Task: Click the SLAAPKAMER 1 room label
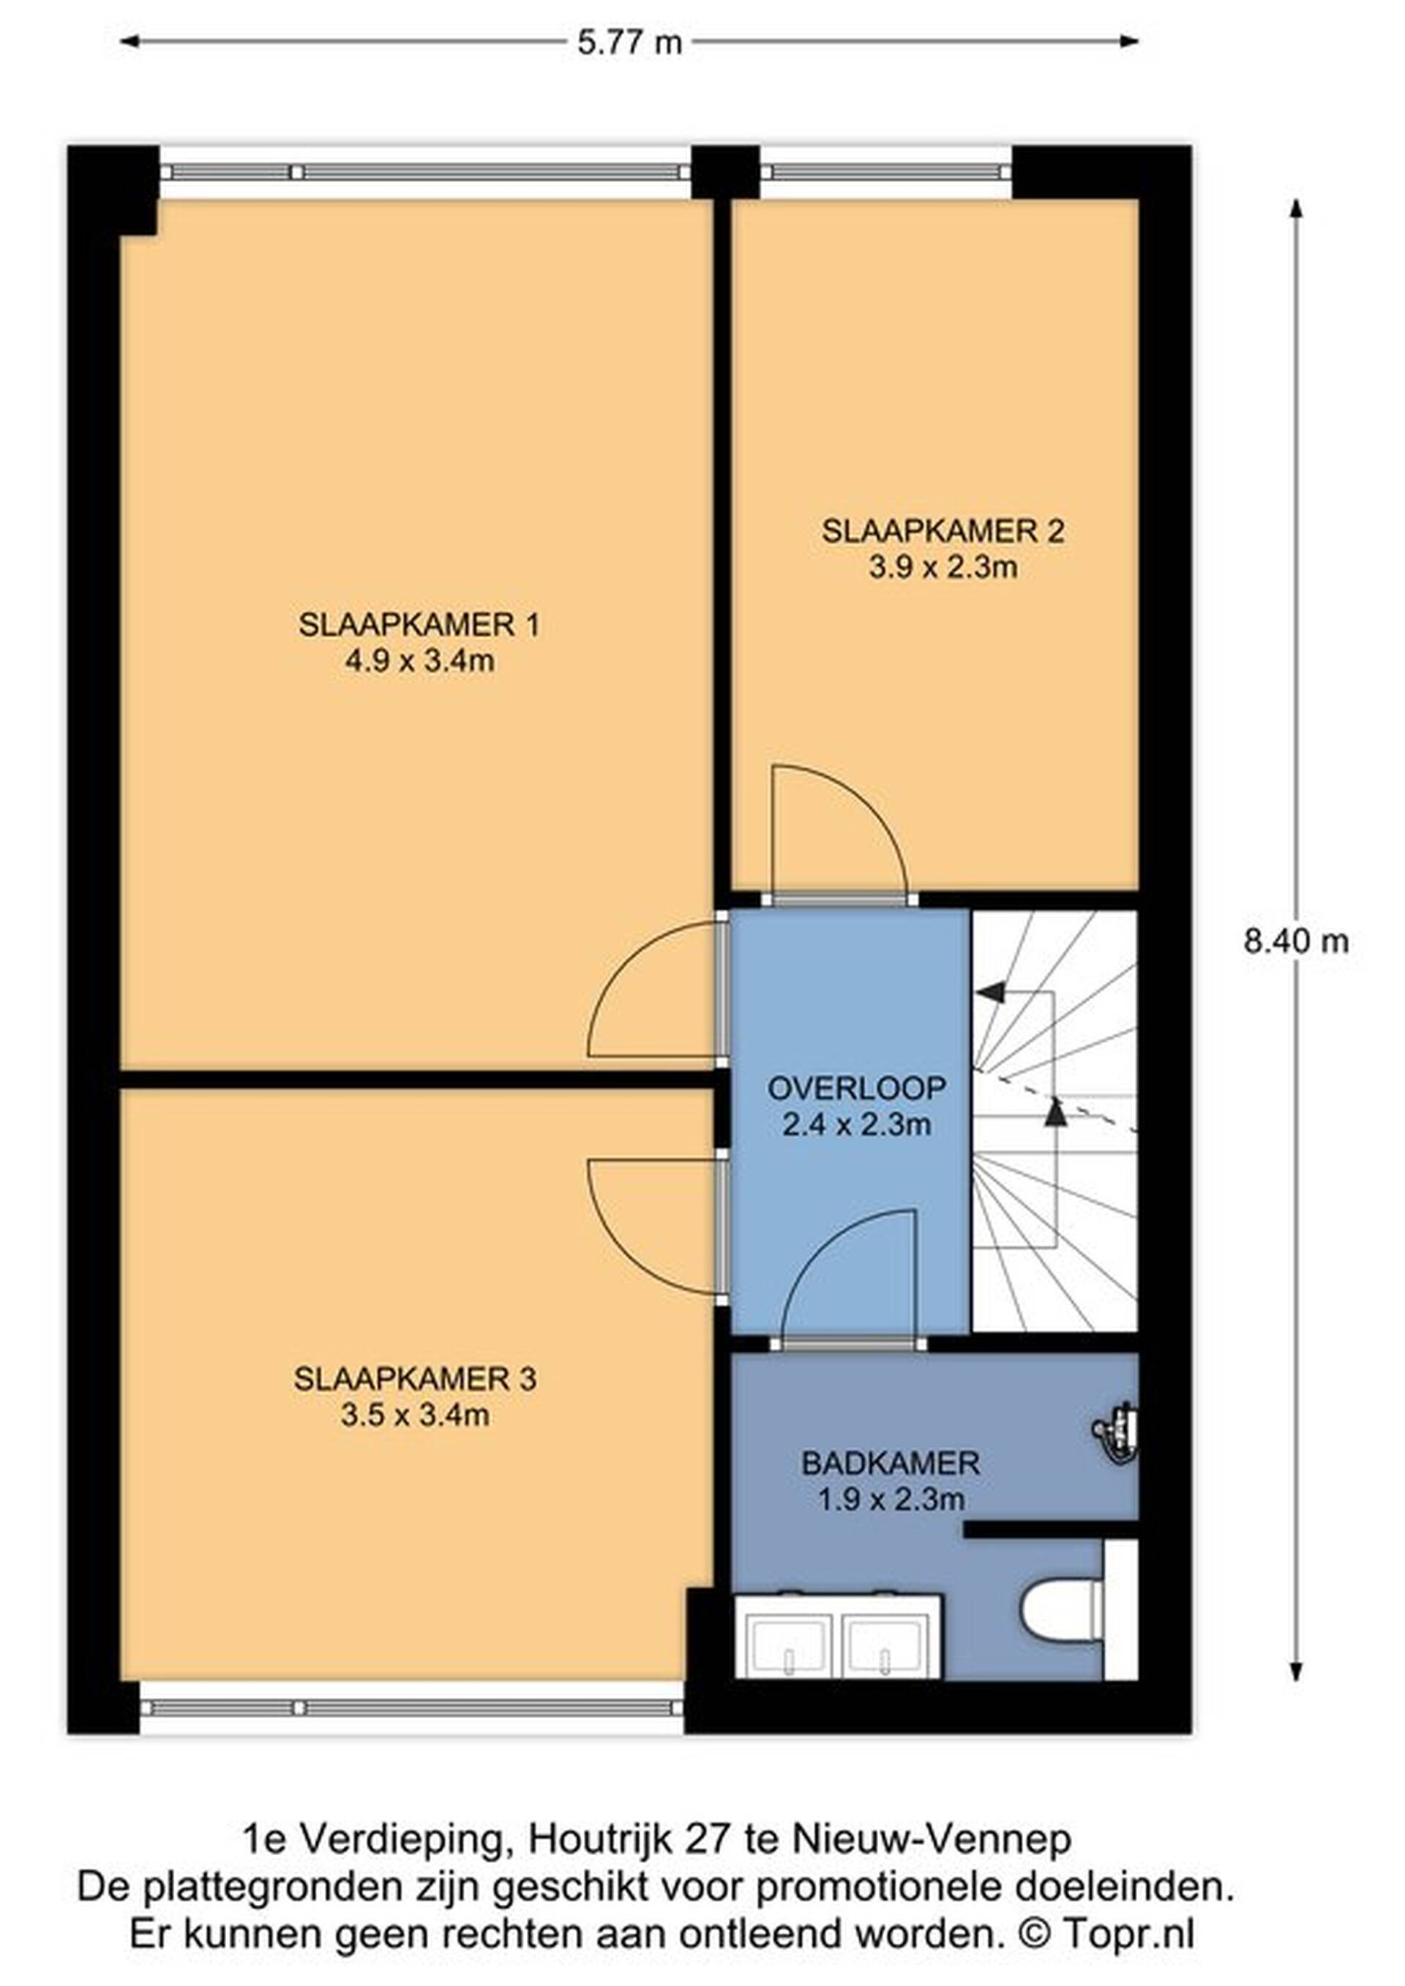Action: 419,625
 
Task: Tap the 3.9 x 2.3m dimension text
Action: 943,568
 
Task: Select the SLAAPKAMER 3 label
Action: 415,1379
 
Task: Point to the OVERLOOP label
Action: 856,1088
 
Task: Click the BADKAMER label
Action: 891,1464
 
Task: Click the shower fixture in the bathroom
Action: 1116,1432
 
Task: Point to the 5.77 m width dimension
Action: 629,42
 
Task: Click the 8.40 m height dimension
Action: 1296,941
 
